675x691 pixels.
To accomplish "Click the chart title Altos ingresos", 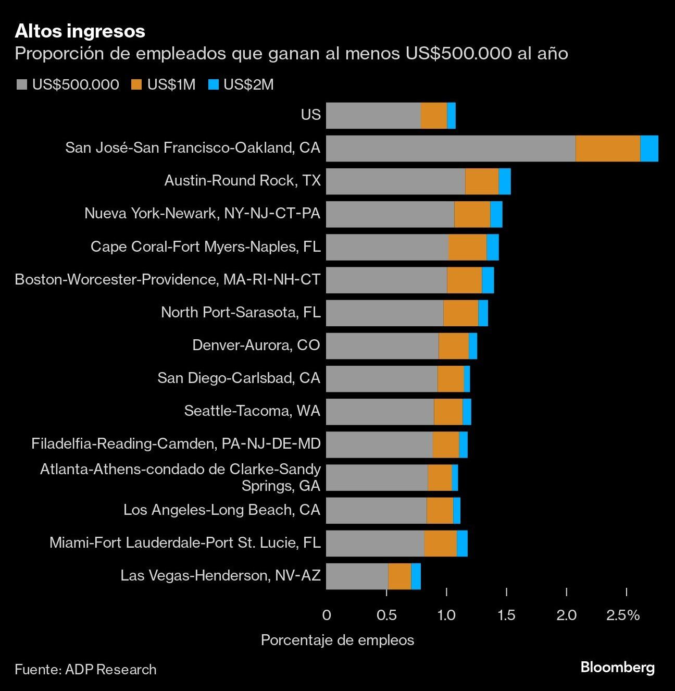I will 80,31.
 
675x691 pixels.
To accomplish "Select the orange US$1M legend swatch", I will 136,85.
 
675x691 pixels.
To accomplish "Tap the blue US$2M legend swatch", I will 213,85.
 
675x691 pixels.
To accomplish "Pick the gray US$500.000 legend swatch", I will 22,85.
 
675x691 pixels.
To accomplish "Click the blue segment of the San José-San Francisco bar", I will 649,149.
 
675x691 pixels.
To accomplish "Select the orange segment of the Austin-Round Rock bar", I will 482,181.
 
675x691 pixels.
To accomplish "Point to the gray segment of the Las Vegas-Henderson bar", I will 357,576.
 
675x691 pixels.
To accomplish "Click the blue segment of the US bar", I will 452,116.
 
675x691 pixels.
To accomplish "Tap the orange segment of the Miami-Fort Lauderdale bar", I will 440,543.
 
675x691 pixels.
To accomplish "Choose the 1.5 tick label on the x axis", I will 506,615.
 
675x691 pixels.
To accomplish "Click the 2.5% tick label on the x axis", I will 623,615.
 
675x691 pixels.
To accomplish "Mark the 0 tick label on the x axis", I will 327,615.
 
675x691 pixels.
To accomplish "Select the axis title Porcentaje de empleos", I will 337,640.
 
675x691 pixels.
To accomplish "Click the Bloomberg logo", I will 617,668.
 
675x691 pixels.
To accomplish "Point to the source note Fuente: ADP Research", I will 85,670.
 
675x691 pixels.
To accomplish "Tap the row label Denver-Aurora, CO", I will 256,345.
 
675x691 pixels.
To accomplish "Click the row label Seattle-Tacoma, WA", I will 252,411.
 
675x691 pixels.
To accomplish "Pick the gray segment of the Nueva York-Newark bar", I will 390,214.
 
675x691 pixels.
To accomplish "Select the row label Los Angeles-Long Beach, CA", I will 221,510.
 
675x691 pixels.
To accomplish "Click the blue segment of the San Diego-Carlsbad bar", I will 467,379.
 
